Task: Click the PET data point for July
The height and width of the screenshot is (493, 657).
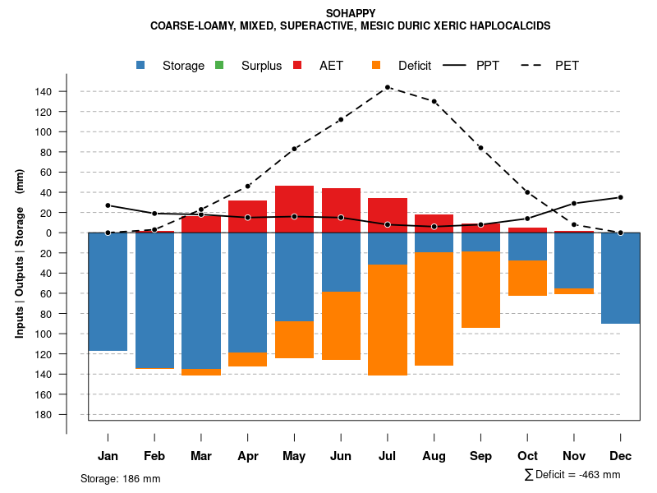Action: tap(388, 87)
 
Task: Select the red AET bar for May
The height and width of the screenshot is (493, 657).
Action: tap(294, 209)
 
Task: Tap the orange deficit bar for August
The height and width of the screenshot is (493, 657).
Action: tap(434, 309)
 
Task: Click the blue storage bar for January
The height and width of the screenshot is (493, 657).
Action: tap(108, 292)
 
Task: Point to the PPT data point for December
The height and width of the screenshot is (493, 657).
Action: tap(621, 197)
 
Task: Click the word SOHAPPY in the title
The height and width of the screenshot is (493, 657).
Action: tap(351, 13)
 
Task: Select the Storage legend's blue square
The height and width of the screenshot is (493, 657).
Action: tap(141, 65)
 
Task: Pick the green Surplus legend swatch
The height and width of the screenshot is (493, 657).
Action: tap(219, 65)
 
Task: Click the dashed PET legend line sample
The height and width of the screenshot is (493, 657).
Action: tap(539, 65)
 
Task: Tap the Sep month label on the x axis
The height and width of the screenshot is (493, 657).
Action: tap(480, 456)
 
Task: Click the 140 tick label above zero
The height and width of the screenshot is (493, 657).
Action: tap(44, 91)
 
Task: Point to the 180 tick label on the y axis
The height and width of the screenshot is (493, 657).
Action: tap(44, 415)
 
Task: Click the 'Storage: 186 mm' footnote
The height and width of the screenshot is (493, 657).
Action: tap(120, 478)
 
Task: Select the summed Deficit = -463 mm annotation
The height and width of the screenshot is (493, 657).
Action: tap(572, 475)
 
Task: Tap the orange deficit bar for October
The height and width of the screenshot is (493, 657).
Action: tap(528, 279)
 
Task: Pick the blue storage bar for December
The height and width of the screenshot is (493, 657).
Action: tap(621, 278)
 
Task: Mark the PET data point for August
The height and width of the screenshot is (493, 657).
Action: tap(434, 101)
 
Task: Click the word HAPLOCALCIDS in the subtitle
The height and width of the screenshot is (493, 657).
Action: tap(510, 26)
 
